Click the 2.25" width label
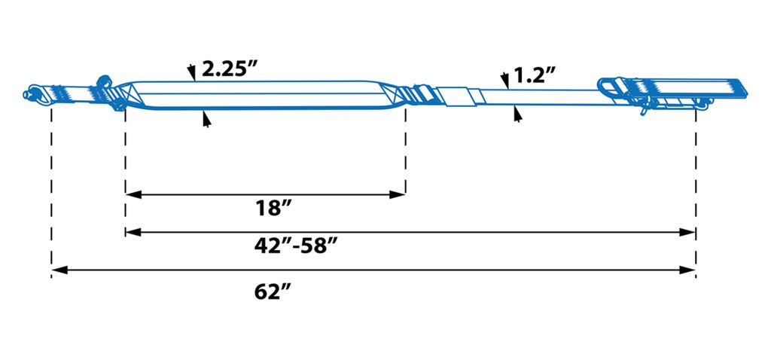coord(230,69)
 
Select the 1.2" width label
coord(535,76)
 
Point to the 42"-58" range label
coord(297,246)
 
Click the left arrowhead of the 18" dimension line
coord(133,195)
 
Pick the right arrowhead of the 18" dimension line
coord(398,195)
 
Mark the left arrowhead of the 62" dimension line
coord(59,270)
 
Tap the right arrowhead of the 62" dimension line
coord(687,270)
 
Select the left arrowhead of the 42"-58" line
coord(133,232)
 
